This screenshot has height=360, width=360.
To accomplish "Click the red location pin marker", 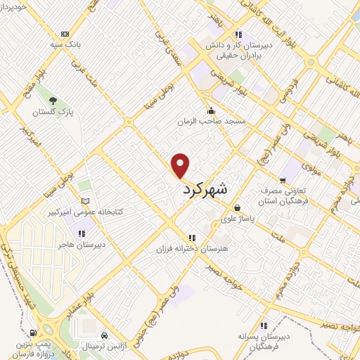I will click(x=181, y=165).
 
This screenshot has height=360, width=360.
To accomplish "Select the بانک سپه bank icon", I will click(x=65, y=34).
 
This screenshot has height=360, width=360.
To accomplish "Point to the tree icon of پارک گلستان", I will click(x=53, y=98).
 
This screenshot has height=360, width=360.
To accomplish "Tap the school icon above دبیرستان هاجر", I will click(x=82, y=233).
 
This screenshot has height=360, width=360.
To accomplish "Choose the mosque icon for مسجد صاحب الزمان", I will click(x=211, y=110).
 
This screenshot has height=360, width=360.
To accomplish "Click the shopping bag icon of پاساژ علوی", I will click(x=238, y=207).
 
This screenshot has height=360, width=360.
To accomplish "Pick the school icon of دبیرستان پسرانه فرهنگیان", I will click(x=264, y=326).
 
